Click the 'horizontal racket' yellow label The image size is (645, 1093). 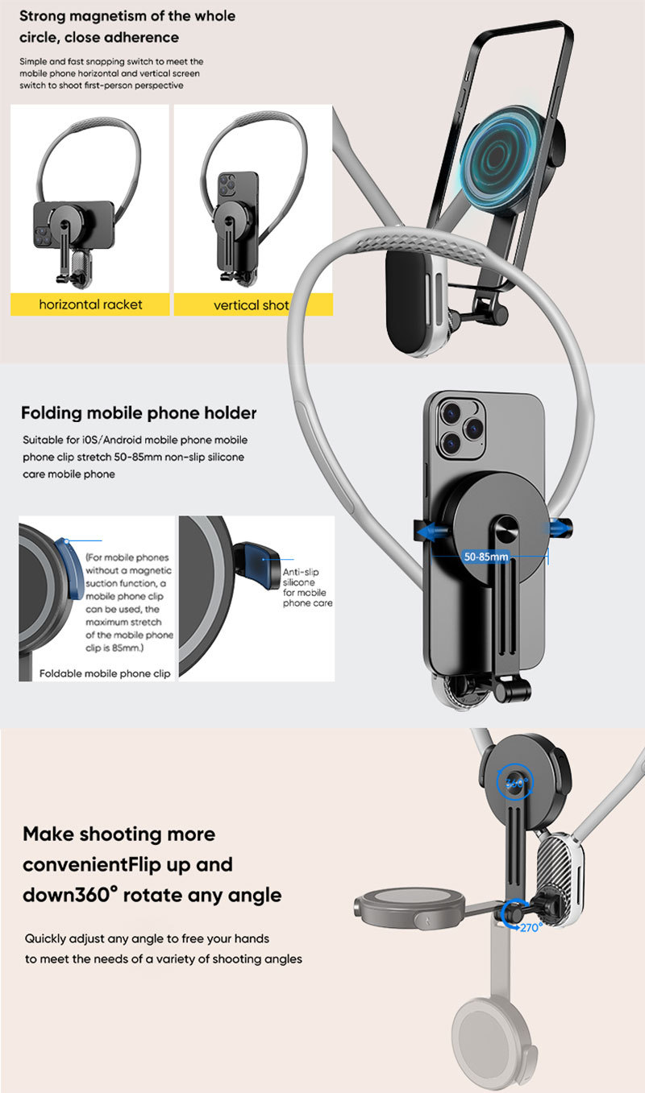(x=90, y=304)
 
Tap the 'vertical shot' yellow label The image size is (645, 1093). (x=251, y=305)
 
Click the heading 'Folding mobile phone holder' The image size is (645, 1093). (x=139, y=413)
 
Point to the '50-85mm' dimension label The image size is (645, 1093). (x=486, y=557)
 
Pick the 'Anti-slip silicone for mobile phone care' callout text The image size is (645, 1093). (x=307, y=586)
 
